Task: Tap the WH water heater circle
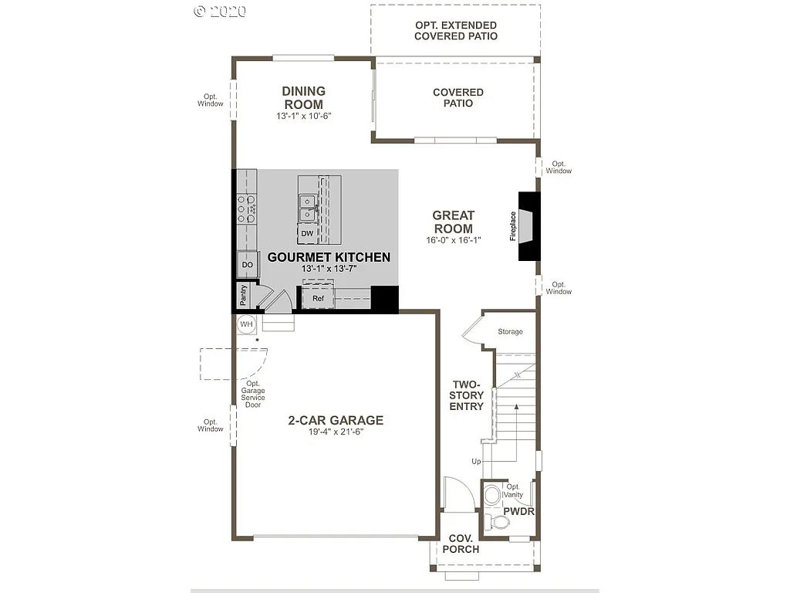pos(246,324)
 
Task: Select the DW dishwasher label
pos(307,233)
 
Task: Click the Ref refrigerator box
pos(317,297)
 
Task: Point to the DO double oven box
pos(247,265)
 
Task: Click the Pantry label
pos(243,295)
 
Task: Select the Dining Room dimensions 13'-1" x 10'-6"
pos(303,117)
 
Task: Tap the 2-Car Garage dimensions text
pos(335,432)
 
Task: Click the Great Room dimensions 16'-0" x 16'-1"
pos(453,240)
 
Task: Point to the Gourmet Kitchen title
pos(329,257)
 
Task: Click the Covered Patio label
pos(457,97)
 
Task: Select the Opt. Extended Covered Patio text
pos(455,31)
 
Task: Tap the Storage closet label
pos(510,332)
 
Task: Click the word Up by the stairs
pos(476,462)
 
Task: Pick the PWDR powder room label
pos(518,511)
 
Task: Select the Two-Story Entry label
pos(467,395)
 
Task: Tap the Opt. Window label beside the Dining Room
pos(210,100)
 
